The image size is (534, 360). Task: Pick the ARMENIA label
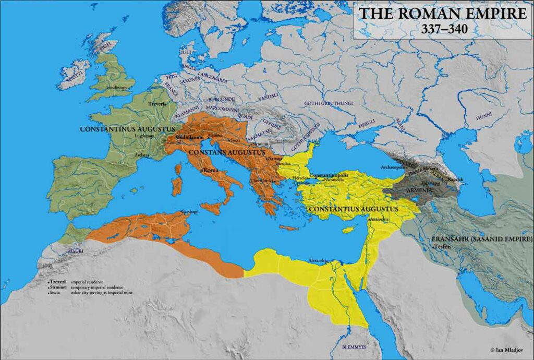(416, 190)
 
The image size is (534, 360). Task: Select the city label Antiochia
(380, 220)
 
